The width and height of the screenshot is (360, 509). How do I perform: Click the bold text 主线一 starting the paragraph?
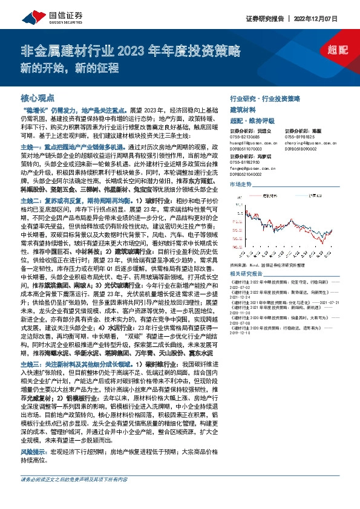(31, 147)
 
